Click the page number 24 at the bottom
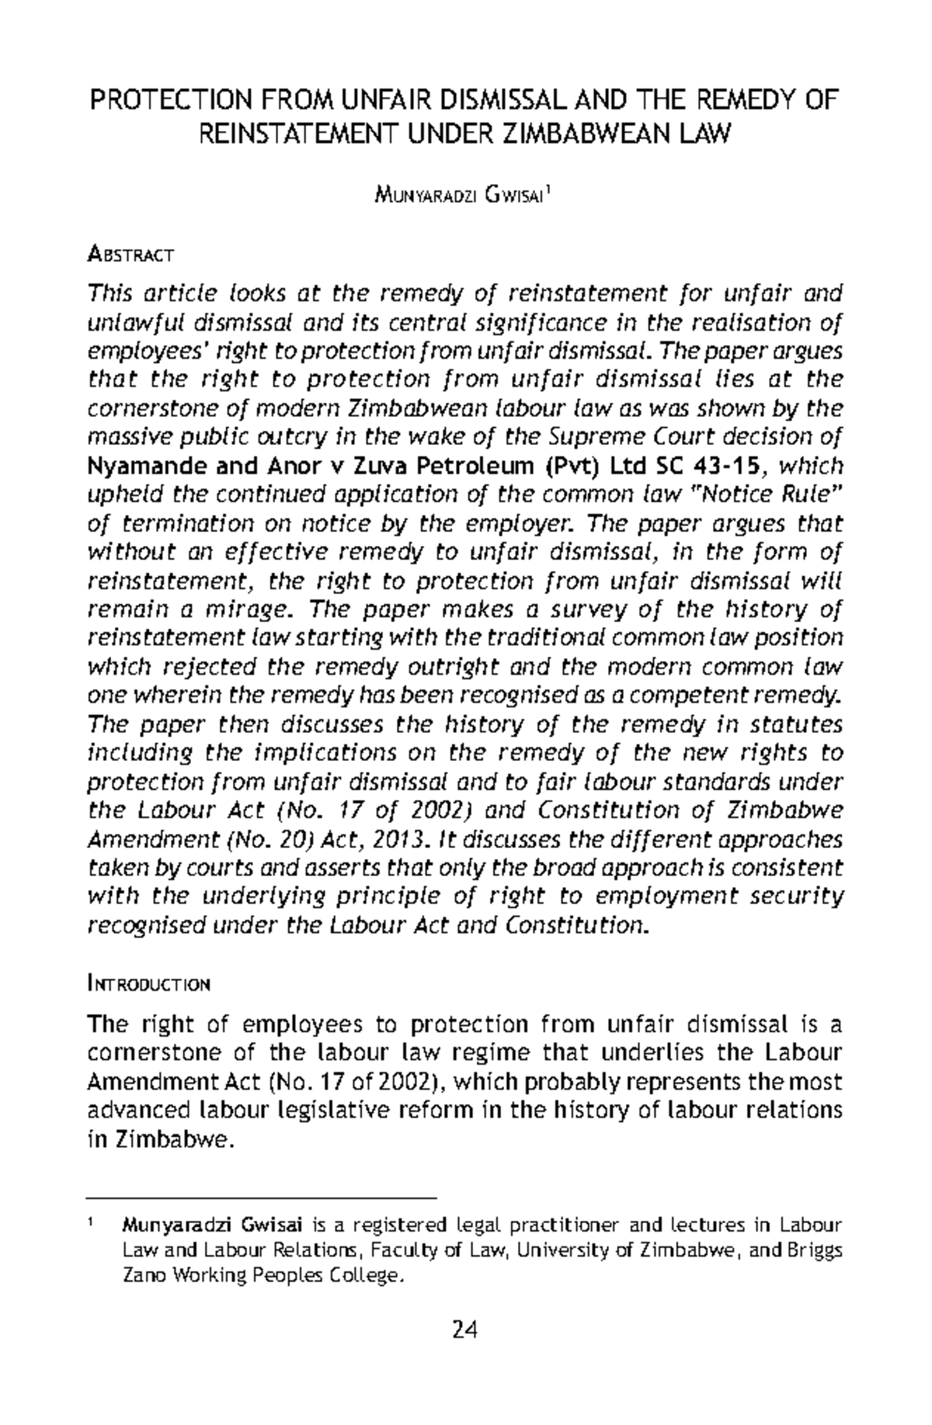pos(465,1331)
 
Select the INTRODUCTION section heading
pos(150,985)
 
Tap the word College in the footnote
pos(368,1276)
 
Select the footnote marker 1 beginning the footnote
pos(92,1225)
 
